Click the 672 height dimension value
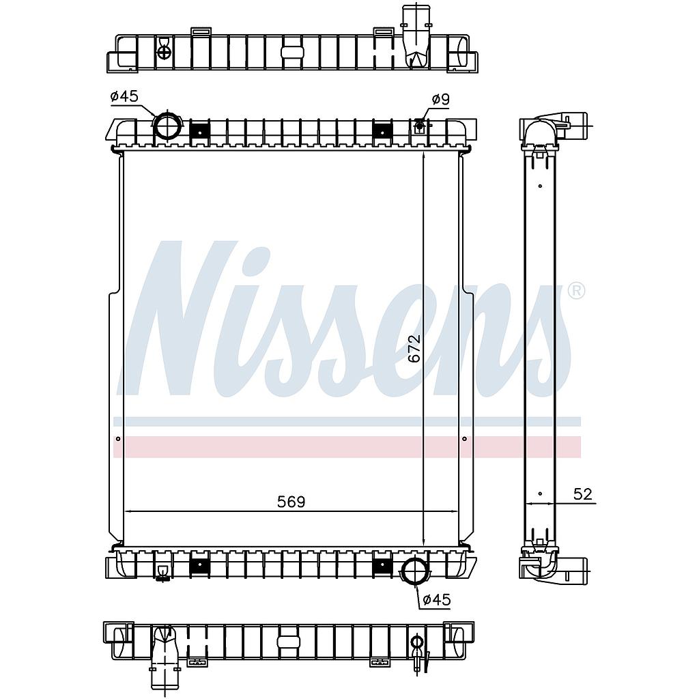point(414,348)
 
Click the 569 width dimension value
point(291,502)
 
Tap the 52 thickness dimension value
point(583,494)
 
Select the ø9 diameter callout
point(440,99)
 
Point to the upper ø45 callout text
point(124,96)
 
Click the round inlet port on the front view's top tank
point(168,126)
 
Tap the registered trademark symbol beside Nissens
point(576,291)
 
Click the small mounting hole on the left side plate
point(117,439)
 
